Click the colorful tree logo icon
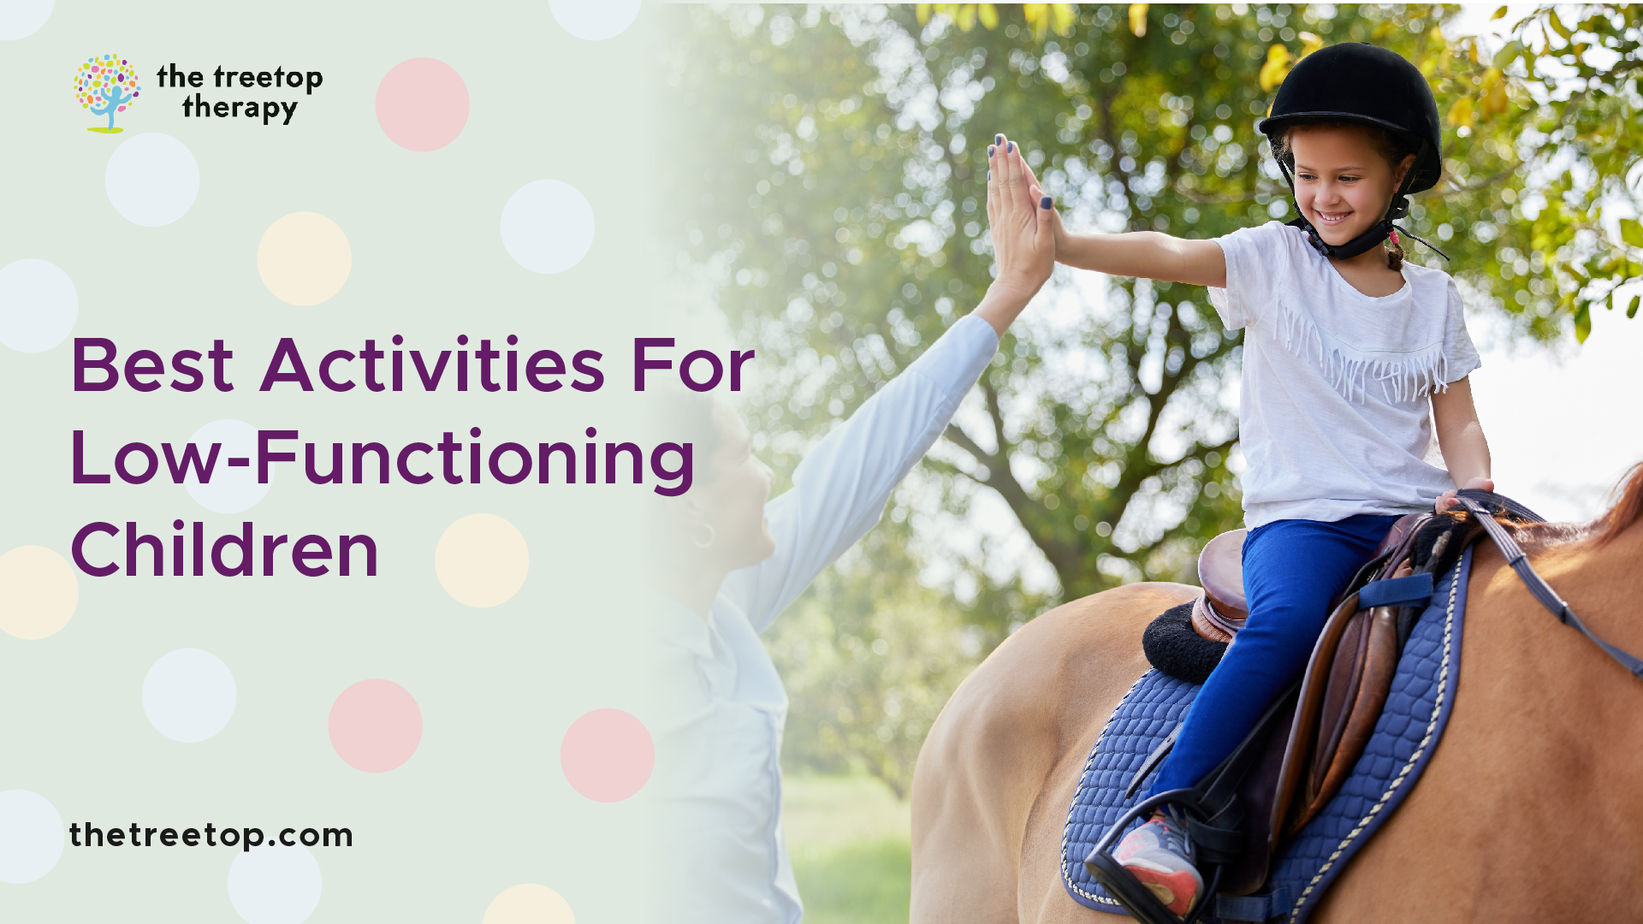coord(107,92)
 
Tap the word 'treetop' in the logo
coord(268,77)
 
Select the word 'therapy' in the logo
coord(240,109)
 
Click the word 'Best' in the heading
coord(152,366)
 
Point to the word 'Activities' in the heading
coord(432,366)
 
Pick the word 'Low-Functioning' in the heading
coord(382,459)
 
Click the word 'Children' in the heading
coord(224,551)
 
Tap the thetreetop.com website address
coord(211,835)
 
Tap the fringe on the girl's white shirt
coord(1361,359)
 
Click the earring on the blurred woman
coord(703,536)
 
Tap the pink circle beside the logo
coord(422,104)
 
